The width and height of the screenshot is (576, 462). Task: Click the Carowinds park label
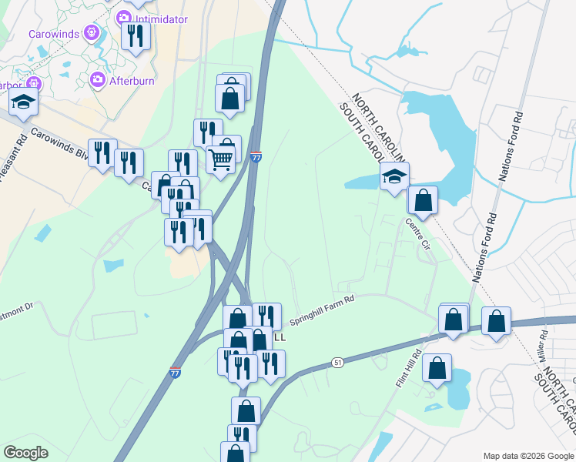click(x=54, y=34)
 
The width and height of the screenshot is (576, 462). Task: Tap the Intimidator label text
click(x=162, y=19)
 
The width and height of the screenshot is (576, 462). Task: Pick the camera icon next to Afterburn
click(x=98, y=79)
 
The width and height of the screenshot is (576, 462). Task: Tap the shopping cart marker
click(x=221, y=160)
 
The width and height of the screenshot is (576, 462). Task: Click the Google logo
click(x=25, y=453)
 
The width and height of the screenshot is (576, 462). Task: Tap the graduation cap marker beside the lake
click(x=394, y=177)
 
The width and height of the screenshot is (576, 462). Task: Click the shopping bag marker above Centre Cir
click(x=423, y=200)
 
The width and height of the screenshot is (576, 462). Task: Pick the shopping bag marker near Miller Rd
click(x=497, y=320)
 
